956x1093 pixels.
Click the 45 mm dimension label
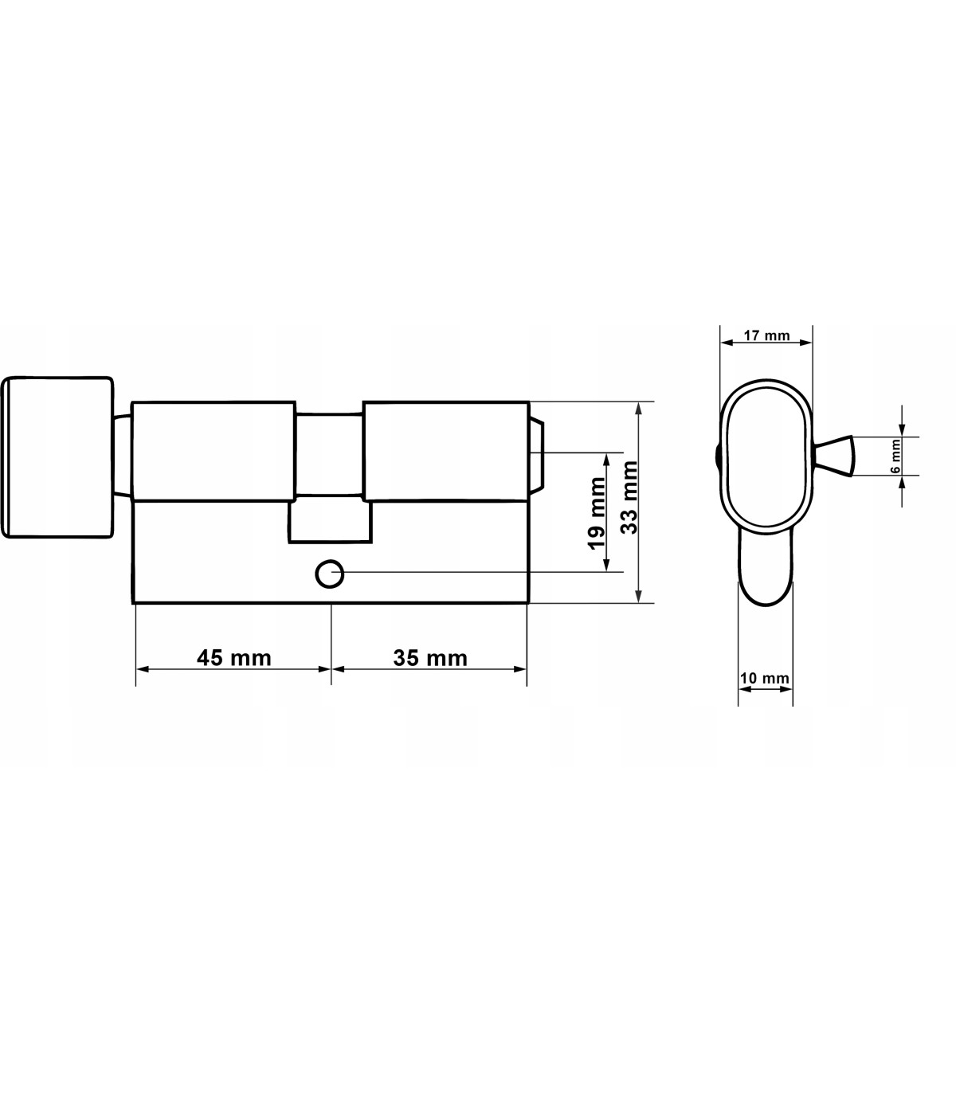click(x=234, y=658)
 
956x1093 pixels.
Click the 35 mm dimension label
click(x=430, y=658)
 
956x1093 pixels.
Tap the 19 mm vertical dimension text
click(x=596, y=513)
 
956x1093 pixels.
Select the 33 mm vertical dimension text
click(x=629, y=497)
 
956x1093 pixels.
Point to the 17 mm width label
click(x=766, y=335)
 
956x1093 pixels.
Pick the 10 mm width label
click(x=764, y=678)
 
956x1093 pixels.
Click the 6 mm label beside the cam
click(x=895, y=456)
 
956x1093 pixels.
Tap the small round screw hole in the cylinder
click(x=330, y=574)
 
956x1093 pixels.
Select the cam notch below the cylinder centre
click(x=330, y=522)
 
